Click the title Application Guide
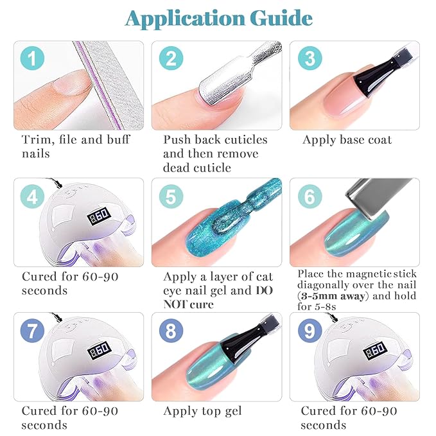[218, 19]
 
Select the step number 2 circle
[171, 60]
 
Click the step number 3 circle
[310, 60]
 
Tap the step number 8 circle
[171, 333]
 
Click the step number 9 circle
[310, 333]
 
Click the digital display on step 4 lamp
[98, 217]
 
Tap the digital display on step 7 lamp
[98, 353]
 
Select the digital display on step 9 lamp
[376, 353]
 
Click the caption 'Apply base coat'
[347, 140]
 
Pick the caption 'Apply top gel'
[202, 411]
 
